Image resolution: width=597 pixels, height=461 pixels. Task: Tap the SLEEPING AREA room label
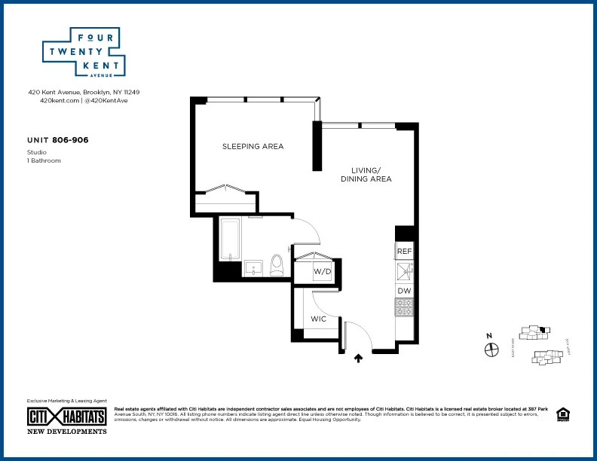253,146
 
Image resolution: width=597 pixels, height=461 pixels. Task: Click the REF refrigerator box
405,251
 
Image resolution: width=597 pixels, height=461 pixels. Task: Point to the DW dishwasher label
405,290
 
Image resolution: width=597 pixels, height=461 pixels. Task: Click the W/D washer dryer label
322,271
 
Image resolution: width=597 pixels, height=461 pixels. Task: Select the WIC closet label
319,319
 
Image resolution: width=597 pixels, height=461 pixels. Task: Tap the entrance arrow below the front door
359,359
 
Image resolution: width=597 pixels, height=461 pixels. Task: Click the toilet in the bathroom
276,264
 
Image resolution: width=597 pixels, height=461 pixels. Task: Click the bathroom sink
251,267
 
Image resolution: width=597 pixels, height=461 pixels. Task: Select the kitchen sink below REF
405,270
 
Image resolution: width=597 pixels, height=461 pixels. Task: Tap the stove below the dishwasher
405,307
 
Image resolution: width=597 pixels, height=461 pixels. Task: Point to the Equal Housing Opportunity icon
562,414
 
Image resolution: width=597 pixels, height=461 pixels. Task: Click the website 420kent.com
60,100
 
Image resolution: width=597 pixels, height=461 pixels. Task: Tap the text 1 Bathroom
44,160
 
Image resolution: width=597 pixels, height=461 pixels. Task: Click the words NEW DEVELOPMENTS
67,432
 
